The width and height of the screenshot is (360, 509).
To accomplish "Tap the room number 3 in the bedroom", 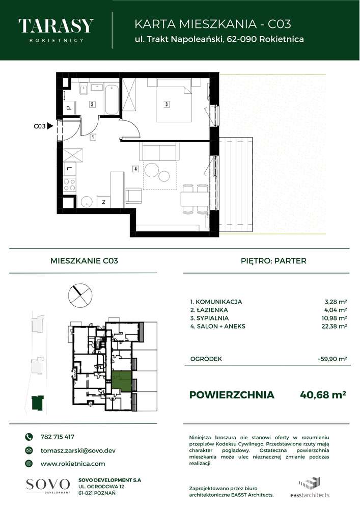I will tap(167, 105).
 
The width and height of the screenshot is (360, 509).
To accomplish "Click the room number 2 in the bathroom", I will tap(92, 104).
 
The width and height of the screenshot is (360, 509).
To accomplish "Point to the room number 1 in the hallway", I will tap(93, 137).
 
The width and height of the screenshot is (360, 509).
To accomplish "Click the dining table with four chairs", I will tap(195, 198).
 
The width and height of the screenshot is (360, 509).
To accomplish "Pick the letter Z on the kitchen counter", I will tap(103, 202).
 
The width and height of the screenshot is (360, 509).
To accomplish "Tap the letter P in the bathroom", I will tap(68, 108).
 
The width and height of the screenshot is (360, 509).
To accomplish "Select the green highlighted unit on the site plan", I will tap(122, 381).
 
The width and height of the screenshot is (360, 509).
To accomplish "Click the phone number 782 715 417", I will tap(57, 437).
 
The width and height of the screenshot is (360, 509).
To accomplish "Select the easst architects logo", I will tap(313, 489).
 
